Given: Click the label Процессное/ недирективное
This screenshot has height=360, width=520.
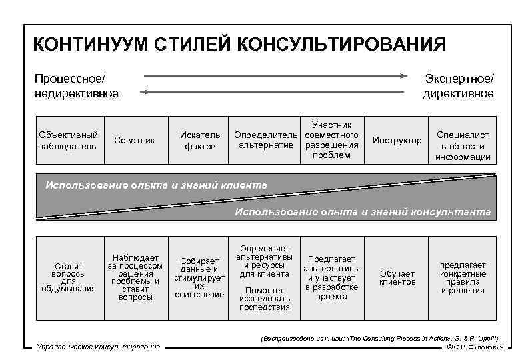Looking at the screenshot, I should coord(76,85).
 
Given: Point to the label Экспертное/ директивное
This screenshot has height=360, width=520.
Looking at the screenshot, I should coord(459,85).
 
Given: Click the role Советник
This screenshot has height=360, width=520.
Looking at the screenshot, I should coord(135,140).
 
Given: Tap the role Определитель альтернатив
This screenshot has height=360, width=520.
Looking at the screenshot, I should coord(266,140).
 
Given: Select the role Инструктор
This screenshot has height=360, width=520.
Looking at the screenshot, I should coord(397,140).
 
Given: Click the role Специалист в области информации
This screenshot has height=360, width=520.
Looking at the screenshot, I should coord(463,146).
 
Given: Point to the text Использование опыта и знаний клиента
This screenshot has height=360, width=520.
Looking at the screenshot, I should coord(156,185).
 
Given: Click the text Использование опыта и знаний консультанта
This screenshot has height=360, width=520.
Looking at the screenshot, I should coord(362,212).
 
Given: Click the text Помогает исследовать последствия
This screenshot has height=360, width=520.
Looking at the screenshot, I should coord(265,299).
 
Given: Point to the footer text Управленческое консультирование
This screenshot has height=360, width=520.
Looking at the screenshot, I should coord(99,347).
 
